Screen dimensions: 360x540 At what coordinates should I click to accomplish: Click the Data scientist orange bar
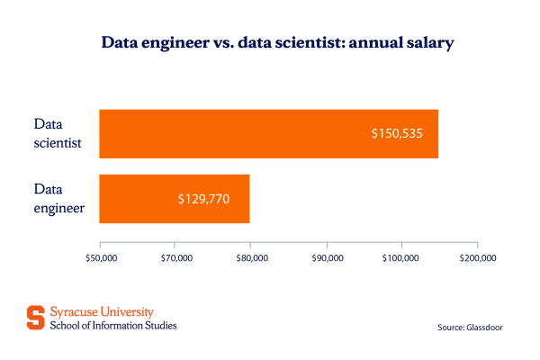pos(268,133)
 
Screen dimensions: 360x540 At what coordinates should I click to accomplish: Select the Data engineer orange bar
pos(174,198)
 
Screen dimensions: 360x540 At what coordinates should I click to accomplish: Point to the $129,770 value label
pos(203,198)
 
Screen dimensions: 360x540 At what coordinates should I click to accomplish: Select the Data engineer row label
pos(59,198)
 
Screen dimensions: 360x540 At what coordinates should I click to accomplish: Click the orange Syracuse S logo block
pos(34,318)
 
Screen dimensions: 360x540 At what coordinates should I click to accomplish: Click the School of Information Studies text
pos(112,325)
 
